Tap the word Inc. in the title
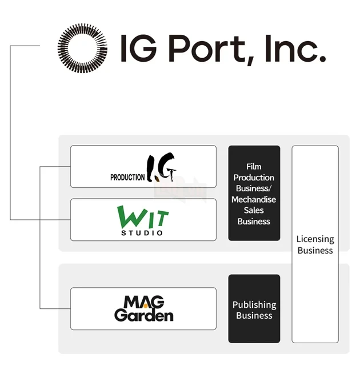295,49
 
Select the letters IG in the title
138,49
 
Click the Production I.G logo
143,167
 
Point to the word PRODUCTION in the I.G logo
127,178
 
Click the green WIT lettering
143,216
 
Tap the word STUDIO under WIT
142,233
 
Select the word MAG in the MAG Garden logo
144,302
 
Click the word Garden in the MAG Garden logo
143,315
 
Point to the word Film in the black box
254,167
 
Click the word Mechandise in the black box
254,199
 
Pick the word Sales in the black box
254,210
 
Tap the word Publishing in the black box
254,305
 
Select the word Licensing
315,239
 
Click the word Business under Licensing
315,251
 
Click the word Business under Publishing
254,316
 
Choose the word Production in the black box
254,178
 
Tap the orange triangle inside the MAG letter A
145,305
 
